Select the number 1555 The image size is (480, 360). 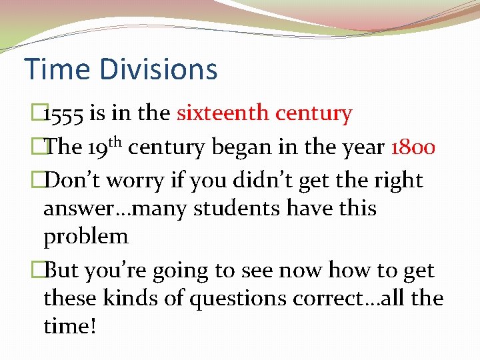click(x=63, y=115)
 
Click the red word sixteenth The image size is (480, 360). click(x=224, y=113)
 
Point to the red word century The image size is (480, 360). click(x=315, y=115)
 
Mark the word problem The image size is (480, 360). click(x=86, y=237)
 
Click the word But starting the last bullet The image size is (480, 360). click(x=63, y=271)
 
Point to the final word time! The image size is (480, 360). click(x=69, y=327)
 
